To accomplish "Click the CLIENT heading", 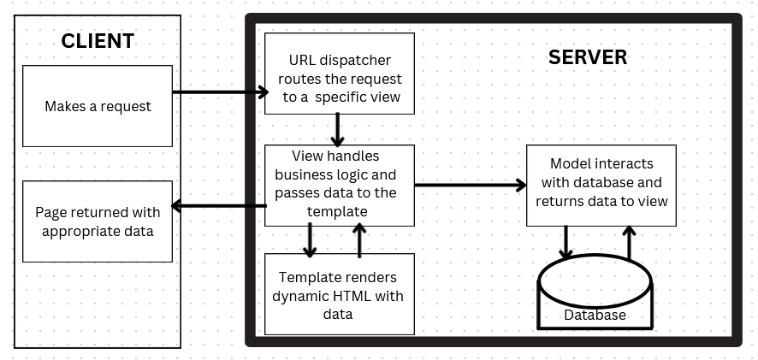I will coord(98,41).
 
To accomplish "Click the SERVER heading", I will coord(587,57).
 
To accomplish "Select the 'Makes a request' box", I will coord(98,107).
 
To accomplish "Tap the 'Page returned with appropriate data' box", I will coord(98,221).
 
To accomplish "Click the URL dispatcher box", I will coord(340,74).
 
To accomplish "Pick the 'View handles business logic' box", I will coord(340,185).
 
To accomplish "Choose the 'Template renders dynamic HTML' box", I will coord(340,293).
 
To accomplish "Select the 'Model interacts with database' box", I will coord(601,184).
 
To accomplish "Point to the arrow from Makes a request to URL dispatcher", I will coord(218,91).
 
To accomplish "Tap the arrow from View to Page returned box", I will coord(219,205).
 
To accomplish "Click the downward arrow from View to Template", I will coord(310,239).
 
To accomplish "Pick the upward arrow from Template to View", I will coord(359,239).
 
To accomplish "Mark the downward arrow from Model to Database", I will coord(565,242).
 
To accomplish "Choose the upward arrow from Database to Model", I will coord(630,242).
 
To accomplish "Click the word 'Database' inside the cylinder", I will coord(595,316).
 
